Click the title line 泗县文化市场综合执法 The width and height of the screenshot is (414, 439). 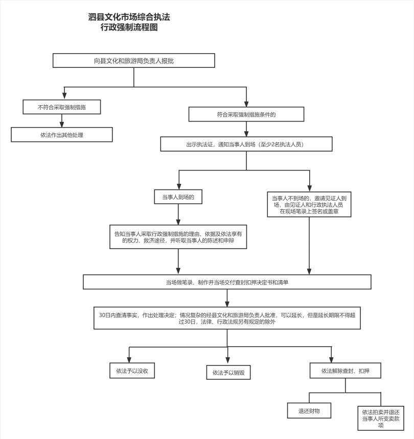click(x=129, y=17)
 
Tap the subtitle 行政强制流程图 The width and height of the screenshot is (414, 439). click(x=129, y=28)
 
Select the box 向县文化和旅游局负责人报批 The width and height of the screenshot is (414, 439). click(x=134, y=60)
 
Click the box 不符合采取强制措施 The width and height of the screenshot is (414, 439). click(x=62, y=107)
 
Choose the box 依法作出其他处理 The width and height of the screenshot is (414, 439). click(x=62, y=135)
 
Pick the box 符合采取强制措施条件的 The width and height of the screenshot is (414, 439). click(x=246, y=114)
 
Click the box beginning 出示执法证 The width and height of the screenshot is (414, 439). click(x=246, y=144)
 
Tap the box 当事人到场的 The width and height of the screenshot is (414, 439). click(x=178, y=197)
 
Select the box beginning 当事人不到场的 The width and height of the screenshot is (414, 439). click(x=309, y=204)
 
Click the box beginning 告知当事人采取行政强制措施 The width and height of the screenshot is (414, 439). click(x=178, y=237)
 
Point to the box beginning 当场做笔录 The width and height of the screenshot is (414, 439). click(x=227, y=282)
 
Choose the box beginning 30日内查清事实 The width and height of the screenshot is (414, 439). click(x=227, y=318)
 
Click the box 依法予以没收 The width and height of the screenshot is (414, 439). click(x=132, y=371)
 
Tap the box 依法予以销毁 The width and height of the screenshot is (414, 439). click(x=228, y=372)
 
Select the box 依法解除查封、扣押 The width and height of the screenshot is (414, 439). click(x=346, y=371)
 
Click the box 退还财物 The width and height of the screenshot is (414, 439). click(x=309, y=411)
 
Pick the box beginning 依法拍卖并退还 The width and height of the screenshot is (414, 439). click(x=381, y=418)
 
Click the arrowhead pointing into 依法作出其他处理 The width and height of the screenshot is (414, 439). click(x=62, y=125)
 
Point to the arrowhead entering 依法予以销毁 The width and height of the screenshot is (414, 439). click(x=227, y=360)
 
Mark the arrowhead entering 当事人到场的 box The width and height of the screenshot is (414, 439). click(x=179, y=186)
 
